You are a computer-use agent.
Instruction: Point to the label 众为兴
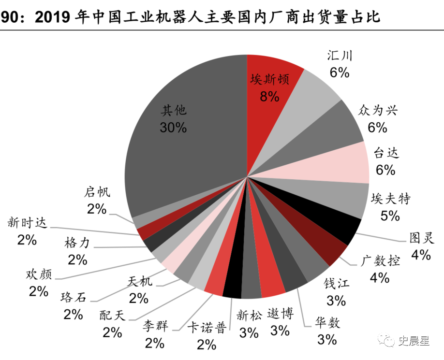[377, 111]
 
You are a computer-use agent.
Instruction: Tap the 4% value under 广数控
[380, 277]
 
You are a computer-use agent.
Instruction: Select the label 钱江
[336, 284]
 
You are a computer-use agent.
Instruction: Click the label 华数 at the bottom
[327, 322]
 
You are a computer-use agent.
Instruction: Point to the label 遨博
[280, 315]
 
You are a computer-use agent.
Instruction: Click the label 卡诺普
[207, 329]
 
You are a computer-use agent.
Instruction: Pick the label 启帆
[97, 192]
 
